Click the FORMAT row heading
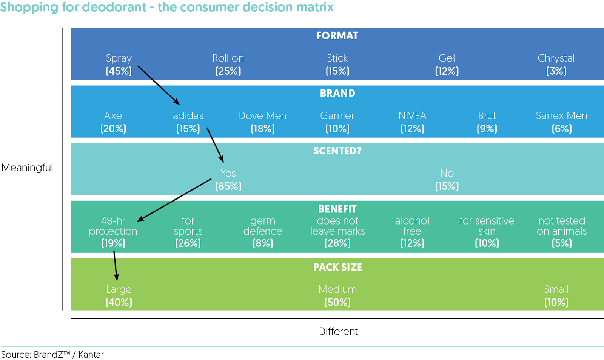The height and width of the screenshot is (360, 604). click(337, 36)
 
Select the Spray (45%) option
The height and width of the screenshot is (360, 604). click(119, 65)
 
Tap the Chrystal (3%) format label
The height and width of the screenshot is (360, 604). click(556, 65)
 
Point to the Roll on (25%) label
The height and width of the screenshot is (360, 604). click(228, 65)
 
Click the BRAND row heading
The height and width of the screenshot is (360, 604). click(337, 93)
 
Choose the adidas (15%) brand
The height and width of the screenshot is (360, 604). click(188, 122)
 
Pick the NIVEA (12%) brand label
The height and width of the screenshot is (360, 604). click(412, 122)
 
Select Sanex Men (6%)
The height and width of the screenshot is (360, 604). click(561, 122)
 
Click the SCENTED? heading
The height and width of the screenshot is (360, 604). click(337, 151)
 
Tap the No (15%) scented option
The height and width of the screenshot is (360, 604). click(447, 180)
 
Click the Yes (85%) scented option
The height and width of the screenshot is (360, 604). click(228, 180)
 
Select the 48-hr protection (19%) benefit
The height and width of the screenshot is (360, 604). click(113, 231)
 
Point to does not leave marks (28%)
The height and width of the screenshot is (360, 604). click(337, 231)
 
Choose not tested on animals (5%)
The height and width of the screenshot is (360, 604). click(562, 231)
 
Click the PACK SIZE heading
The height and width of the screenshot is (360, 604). click(337, 267)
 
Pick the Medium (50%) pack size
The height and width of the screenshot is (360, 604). click(337, 295)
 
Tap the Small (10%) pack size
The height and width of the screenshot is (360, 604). click(556, 295)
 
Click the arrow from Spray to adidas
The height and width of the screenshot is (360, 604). click(159, 85)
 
